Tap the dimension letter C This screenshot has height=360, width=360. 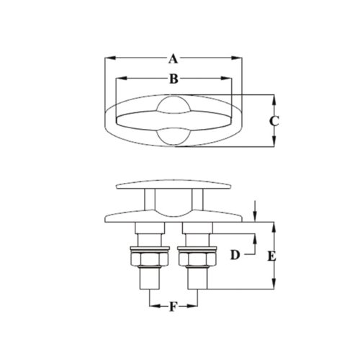[274, 121]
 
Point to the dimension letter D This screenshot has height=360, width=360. [234, 255]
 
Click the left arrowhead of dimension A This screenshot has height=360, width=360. [106, 59]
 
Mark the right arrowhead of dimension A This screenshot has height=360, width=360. [239, 59]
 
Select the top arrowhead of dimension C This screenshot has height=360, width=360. [274, 97]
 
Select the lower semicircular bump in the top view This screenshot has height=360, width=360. [173, 136]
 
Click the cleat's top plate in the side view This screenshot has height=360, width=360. [173, 185]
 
